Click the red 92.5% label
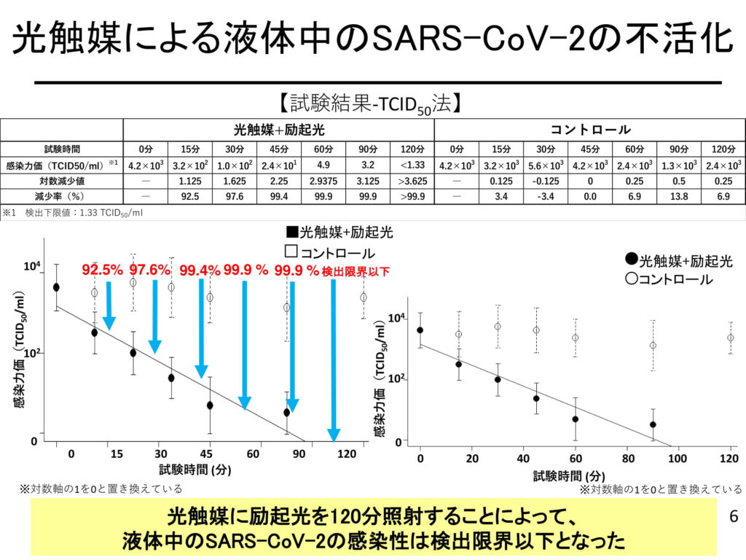[102, 270]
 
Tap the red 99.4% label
[200, 270]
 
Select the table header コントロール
[590, 130]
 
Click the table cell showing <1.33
[412, 164]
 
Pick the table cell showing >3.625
[412, 180]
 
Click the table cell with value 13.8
[679, 196]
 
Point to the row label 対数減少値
[61, 180]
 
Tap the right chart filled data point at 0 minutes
[420, 330]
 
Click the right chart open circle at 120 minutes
[730, 338]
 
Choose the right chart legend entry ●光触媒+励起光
[679, 260]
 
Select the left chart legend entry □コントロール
[330, 253]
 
